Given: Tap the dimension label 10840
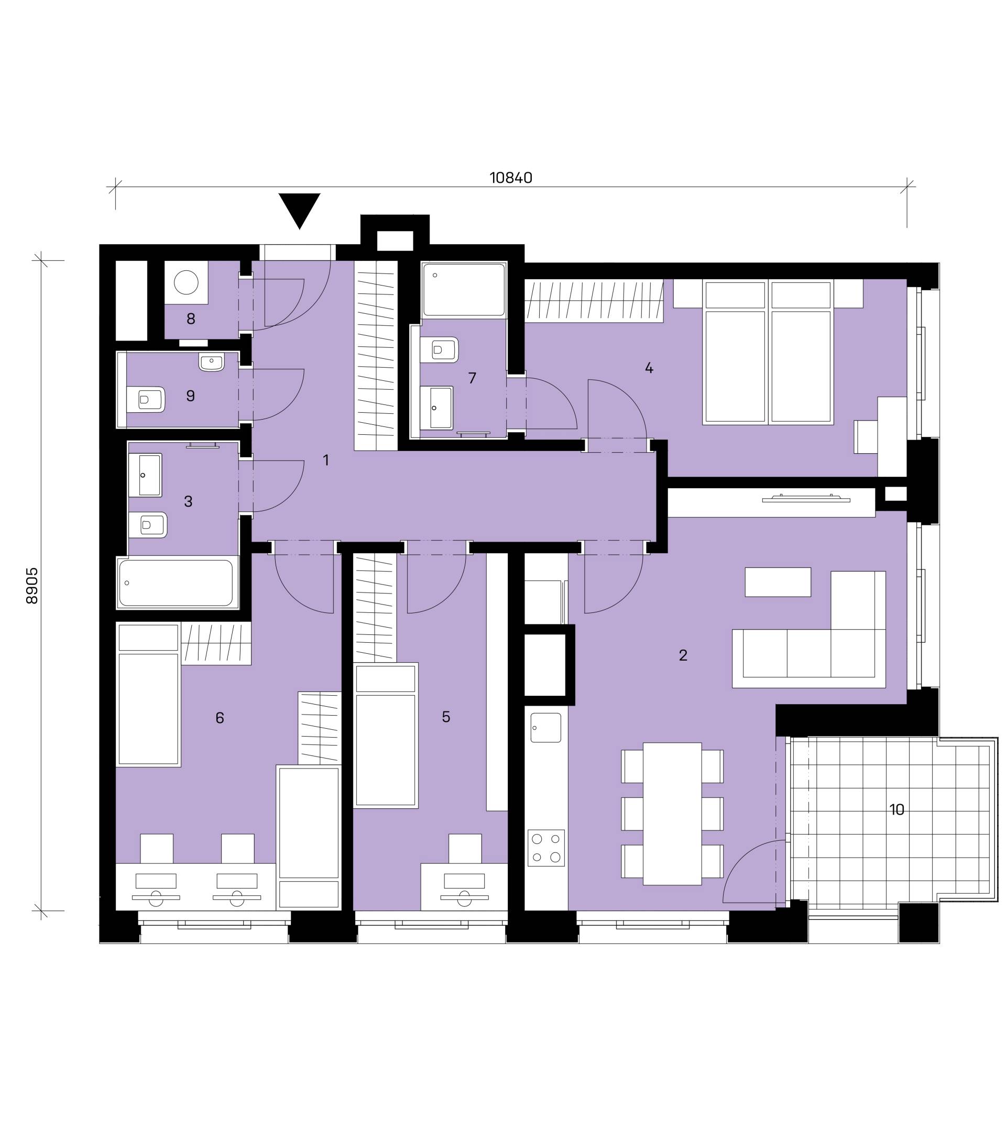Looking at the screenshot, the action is click(x=511, y=178).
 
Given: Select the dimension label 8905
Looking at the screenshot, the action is click(x=32, y=586).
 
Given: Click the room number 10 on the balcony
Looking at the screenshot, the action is click(x=896, y=809).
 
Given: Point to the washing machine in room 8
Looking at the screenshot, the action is click(x=186, y=282).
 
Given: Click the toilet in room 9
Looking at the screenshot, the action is click(x=146, y=400).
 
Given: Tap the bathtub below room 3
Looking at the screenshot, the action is click(x=177, y=583).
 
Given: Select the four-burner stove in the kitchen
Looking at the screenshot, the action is click(x=546, y=848).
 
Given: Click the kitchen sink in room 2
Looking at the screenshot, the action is click(x=545, y=728).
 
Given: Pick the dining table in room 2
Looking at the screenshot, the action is click(x=672, y=814).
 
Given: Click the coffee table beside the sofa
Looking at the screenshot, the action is click(x=778, y=582).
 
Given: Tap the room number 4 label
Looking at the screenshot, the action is click(x=649, y=368).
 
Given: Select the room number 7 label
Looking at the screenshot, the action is click(x=472, y=378).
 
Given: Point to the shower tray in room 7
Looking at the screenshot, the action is click(x=463, y=290).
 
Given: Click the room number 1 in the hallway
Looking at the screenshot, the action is click(x=326, y=460).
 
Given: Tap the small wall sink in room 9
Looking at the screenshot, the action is click(x=211, y=361).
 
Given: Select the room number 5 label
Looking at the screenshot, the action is click(x=445, y=717).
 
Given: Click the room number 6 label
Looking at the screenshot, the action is click(x=220, y=718).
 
